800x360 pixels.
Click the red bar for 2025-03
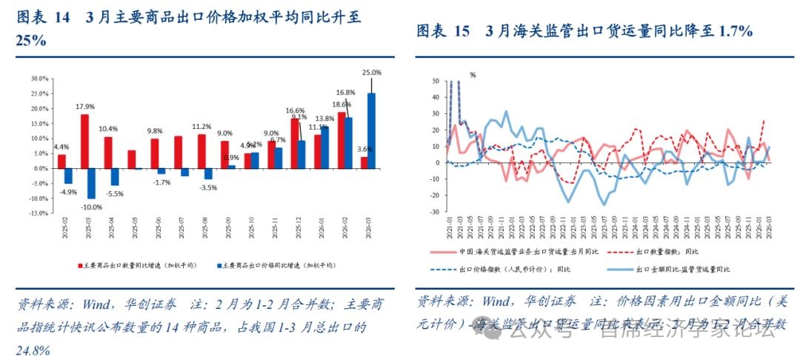click(x=84, y=141)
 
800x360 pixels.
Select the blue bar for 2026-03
click(x=371, y=130)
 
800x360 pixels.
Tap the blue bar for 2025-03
click(x=91, y=183)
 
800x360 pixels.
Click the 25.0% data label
click(x=372, y=73)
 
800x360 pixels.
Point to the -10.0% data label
click(x=91, y=207)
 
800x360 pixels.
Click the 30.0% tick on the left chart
click(x=39, y=78)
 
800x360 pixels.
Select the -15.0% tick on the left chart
click(x=39, y=213)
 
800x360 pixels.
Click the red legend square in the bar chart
click(x=79, y=264)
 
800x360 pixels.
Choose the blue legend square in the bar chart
click(x=219, y=264)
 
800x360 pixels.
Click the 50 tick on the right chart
click(x=435, y=81)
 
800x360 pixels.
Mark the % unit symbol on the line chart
click(x=473, y=75)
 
